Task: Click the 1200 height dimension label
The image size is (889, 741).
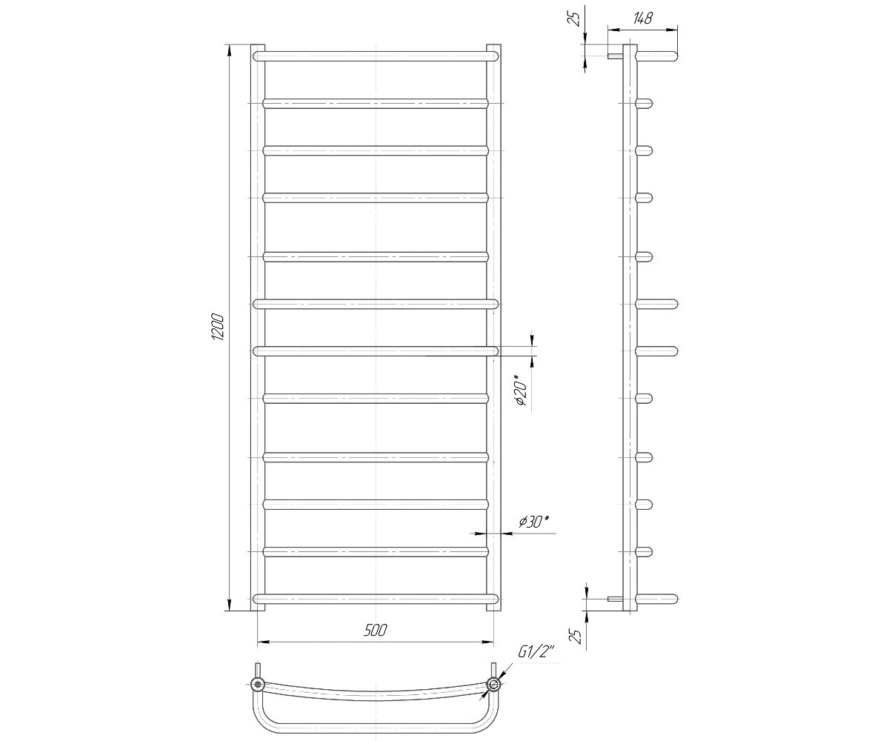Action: [218, 328]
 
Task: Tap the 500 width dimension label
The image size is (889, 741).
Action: [375, 631]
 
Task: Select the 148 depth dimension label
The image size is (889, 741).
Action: [642, 19]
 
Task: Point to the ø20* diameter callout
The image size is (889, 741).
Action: [521, 390]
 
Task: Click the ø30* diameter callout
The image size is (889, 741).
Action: [533, 522]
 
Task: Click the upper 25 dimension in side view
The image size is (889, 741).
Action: [575, 19]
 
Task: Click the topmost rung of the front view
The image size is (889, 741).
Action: [375, 56]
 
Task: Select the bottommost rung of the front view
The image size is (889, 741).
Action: [375, 599]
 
